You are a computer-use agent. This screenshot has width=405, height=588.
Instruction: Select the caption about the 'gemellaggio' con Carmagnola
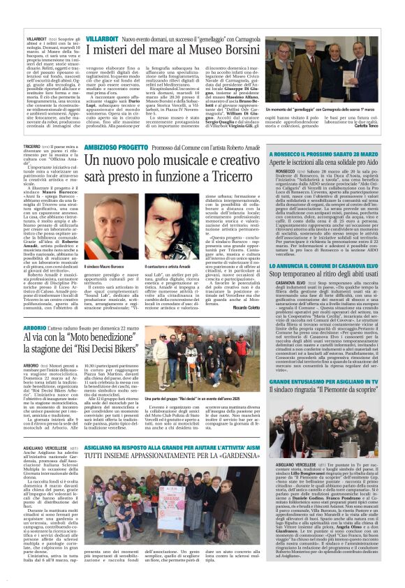tap(316, 110)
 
